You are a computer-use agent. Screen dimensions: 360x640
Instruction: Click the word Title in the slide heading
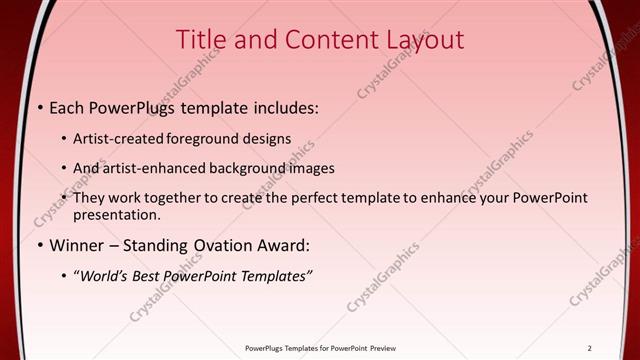200,40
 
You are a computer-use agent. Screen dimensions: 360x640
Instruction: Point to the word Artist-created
117,139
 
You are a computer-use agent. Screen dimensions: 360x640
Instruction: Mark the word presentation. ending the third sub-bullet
116,214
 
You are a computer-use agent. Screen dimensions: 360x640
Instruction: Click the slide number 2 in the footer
590,348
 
